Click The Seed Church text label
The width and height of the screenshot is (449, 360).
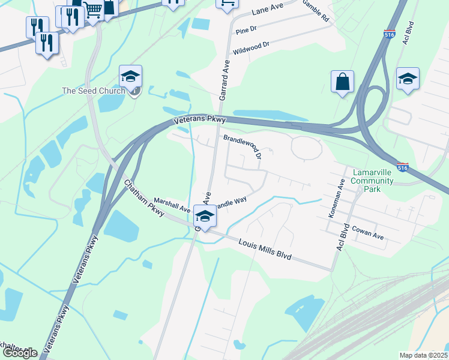94,91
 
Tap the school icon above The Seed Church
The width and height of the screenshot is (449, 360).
130,76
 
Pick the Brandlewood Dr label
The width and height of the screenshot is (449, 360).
243,146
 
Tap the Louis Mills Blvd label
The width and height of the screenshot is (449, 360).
265,249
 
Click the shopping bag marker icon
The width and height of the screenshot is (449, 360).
342,82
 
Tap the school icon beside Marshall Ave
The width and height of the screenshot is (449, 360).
205,217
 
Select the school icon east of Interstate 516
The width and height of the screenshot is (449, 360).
408,79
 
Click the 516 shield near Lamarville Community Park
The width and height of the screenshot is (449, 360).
403,167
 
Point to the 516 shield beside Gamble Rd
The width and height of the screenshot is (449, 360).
389,34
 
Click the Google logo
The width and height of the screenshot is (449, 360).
20,353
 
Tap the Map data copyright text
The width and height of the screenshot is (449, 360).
424,355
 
